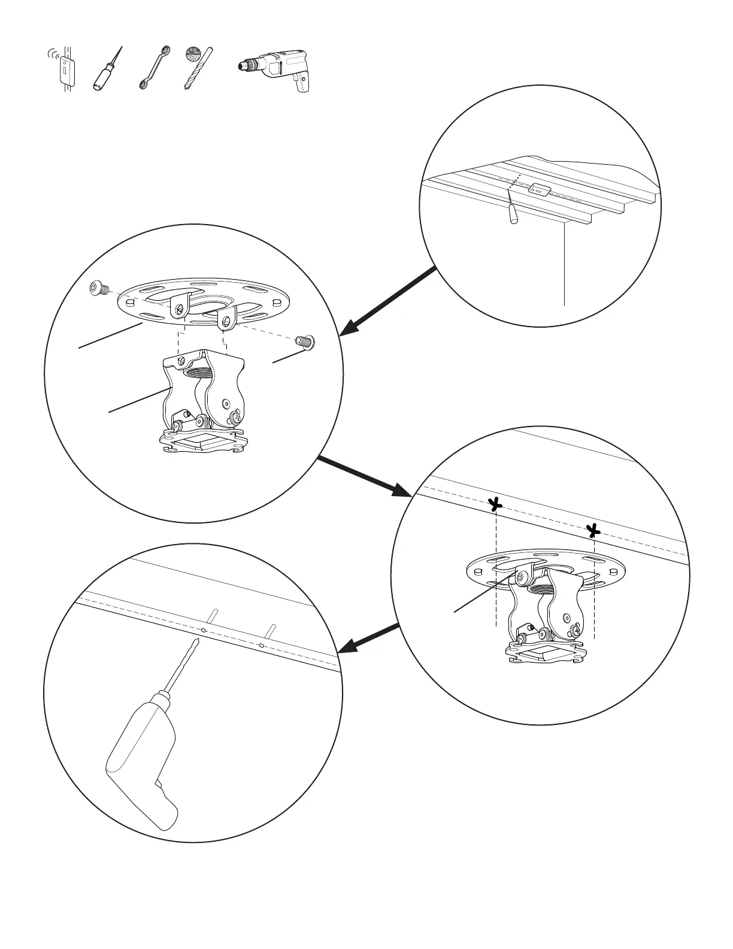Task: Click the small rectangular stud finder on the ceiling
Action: pyautogui.click(x=538, y=191)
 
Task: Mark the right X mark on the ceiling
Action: pyautogui.click(x=592, y=530)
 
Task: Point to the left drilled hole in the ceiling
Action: pyautogui.click(x=204, y=631)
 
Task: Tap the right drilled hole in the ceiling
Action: pyautogui.click(x=261, y=646)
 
